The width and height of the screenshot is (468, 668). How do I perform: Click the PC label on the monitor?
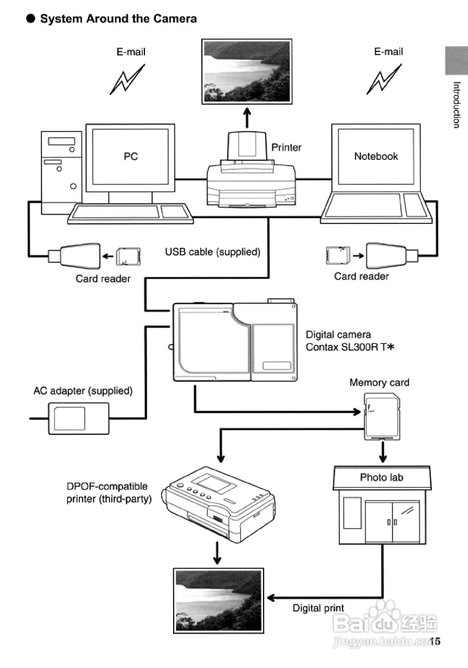131,157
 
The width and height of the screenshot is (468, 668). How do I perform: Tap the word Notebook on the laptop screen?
376,156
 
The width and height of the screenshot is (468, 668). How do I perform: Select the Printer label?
286,148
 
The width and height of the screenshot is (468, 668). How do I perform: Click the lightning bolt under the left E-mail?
127,80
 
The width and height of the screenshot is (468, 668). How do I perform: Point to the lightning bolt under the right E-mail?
384,80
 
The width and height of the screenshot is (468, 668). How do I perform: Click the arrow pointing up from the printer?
247,118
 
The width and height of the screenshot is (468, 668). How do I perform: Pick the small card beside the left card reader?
128,256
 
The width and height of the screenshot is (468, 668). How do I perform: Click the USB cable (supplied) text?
213,252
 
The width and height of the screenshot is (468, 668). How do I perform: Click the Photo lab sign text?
381,477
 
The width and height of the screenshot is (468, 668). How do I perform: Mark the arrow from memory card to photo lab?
383,452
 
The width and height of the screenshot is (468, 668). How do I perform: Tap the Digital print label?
318,608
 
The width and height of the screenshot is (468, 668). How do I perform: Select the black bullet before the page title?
30,19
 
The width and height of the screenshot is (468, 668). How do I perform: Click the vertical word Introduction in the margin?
457,105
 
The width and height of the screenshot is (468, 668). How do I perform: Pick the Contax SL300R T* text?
350,347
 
